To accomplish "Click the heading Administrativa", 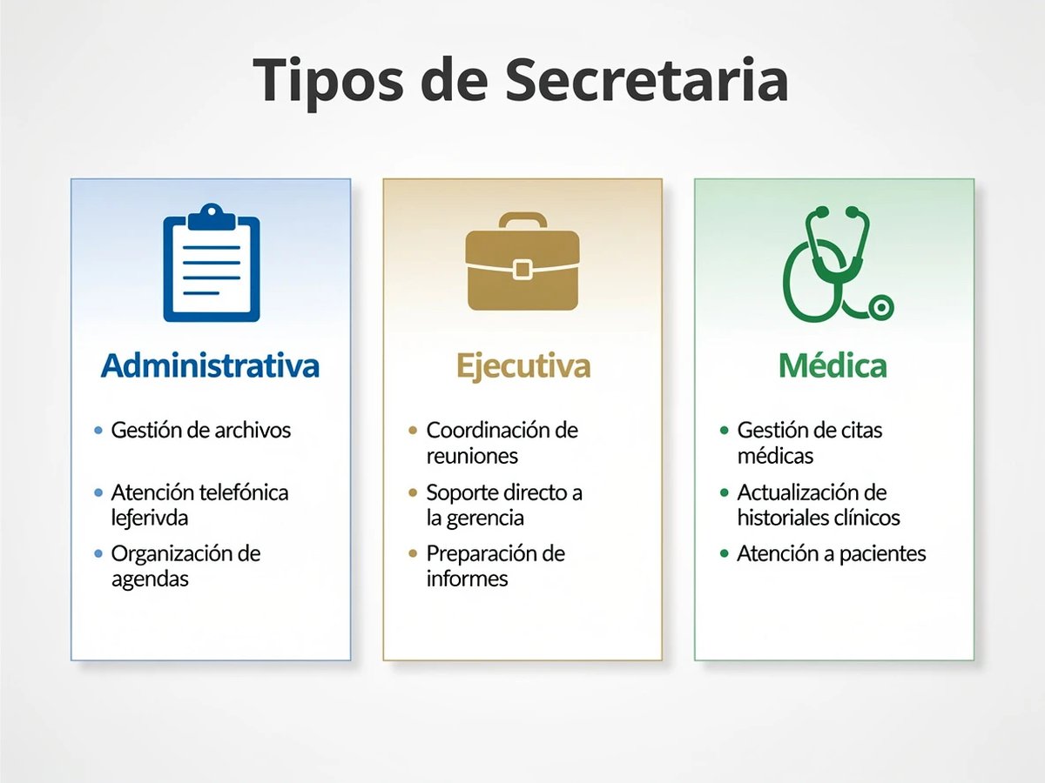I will (x=210, y=365).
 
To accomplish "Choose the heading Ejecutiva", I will (x=523, y=365).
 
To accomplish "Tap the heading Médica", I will (x=833, y=365).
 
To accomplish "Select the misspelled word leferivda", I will (x=150, y=517).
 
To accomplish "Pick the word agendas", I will (x=150, y=579).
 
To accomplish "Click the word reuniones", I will (x=472, y=455).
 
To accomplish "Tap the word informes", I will (x=467, y=579).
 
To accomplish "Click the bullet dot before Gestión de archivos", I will (x=98, y=431).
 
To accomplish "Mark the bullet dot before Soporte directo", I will (x=413, y=493).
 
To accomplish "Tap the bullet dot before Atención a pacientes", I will (x=725, y=554).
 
